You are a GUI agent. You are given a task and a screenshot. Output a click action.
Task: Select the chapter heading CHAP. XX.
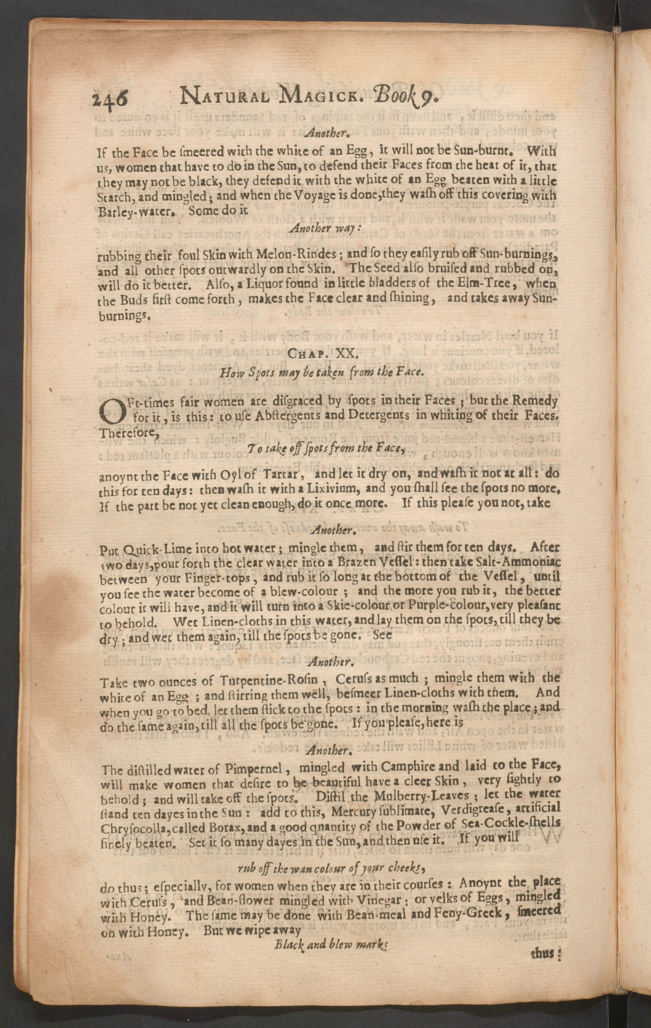pos(323,354)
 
